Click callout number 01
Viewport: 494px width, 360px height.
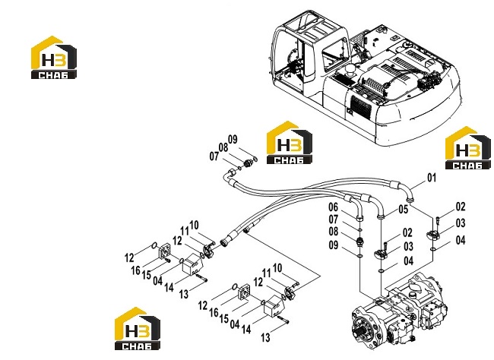coord(432,178)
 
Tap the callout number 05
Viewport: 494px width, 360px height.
coord(404,210)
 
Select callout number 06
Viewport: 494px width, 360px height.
coord(334,207)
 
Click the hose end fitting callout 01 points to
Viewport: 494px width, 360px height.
coord(410,199)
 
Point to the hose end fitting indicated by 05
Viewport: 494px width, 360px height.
coord(382,216)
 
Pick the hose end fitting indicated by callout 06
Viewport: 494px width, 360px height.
coord(359,217)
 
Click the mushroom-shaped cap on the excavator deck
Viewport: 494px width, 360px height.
coord(350,70)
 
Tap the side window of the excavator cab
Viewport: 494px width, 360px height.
coord(336,50)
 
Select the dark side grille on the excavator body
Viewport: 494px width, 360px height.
coord(361,107)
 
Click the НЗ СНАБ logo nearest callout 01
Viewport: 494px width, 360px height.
coord(468,148)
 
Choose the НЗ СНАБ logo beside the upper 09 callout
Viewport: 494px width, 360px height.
coord(290,143)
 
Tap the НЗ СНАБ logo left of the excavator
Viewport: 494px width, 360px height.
coord(53,57)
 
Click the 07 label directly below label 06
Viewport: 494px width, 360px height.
coord(334,219)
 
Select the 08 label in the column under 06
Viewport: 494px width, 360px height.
coord(334,232)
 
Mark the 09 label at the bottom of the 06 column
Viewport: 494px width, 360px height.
coord(334,245)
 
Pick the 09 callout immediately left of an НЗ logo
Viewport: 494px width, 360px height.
coord(233,139)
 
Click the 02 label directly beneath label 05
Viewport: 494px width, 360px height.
coord(407,232)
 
